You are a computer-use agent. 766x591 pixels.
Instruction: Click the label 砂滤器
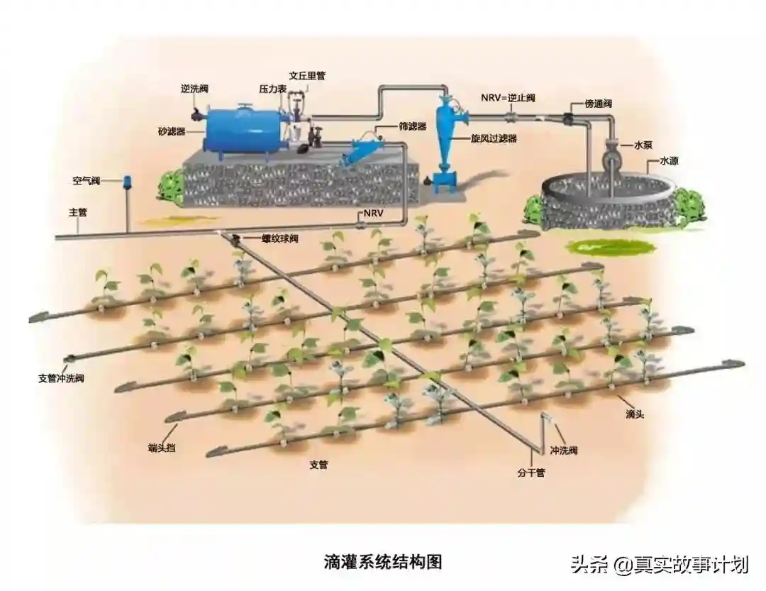171,132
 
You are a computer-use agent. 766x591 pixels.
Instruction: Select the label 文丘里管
307,75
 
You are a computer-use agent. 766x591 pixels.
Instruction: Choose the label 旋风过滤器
494,138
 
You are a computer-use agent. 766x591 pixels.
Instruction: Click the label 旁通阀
599,104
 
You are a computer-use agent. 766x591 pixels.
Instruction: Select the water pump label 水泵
642,145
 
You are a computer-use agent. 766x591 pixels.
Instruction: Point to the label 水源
669,162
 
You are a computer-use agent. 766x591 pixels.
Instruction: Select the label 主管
77,211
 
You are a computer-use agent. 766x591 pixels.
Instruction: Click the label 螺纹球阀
279,238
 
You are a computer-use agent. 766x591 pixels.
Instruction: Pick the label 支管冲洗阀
61,378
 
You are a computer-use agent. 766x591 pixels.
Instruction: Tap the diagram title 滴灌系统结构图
383,562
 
